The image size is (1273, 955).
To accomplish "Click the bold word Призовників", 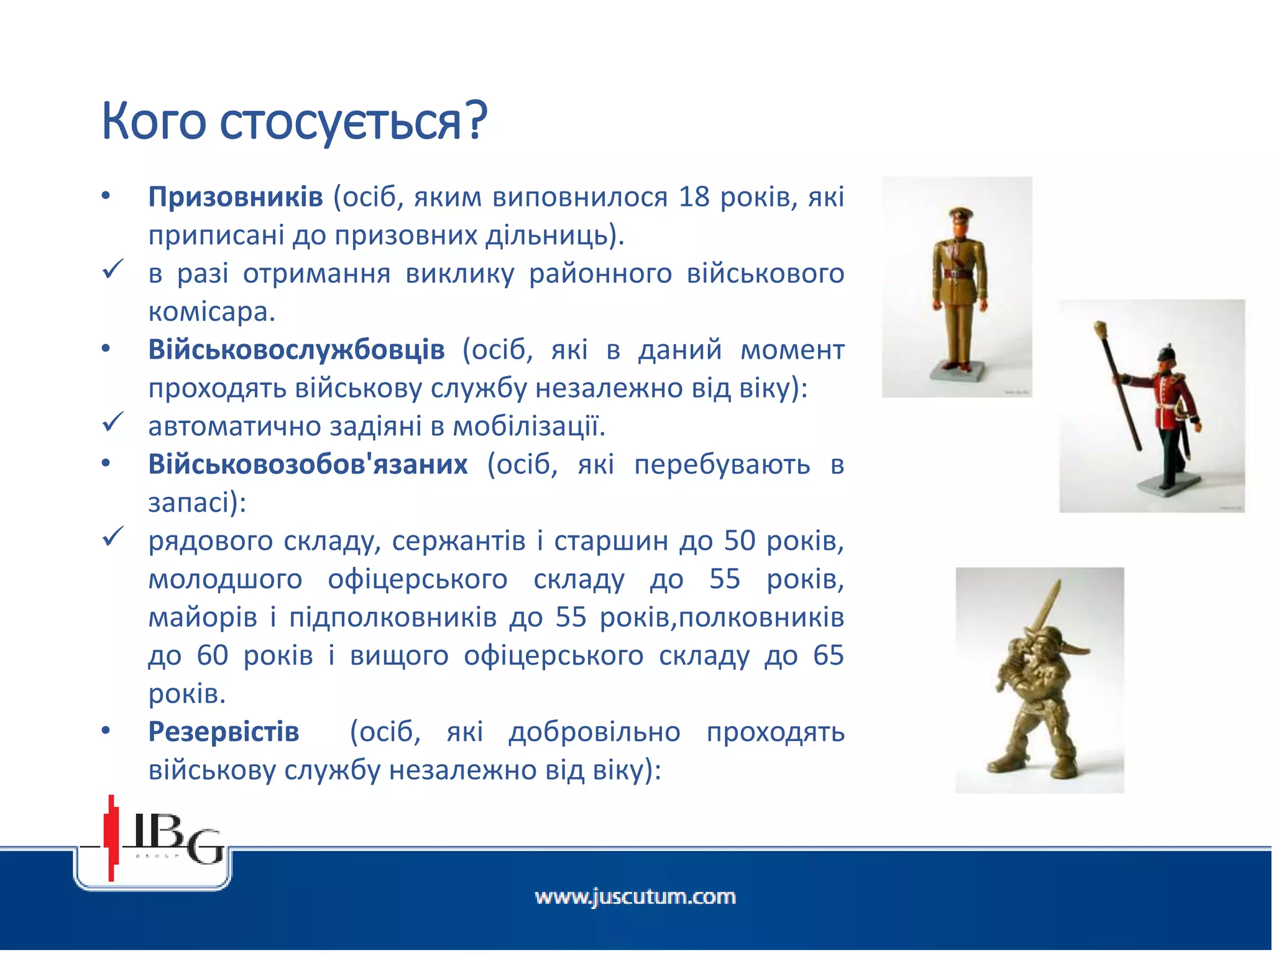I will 235,197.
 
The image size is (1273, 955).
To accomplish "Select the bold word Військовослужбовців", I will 296,350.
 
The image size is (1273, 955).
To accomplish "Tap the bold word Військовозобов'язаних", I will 308,464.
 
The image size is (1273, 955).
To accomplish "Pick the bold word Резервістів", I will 224,732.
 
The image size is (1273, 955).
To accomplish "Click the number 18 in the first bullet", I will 694,197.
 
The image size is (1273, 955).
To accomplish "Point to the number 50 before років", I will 740,541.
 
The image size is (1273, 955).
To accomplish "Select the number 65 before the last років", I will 828,656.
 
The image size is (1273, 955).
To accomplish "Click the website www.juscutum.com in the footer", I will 635,897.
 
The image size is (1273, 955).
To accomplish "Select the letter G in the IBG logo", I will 205,847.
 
